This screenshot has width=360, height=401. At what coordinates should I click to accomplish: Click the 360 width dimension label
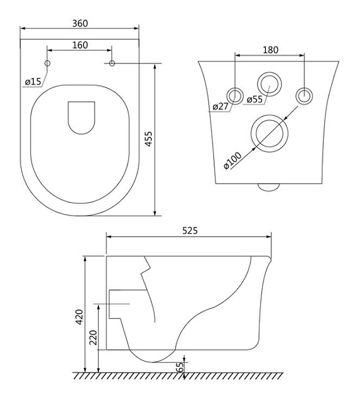(x=80, y=23)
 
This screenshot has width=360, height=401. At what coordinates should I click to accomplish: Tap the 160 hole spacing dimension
(x=80, y=45)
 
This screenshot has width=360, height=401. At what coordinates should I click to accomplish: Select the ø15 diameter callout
(x=33, y=82)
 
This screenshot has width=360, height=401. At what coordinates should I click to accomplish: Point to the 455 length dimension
(x=149, y=139)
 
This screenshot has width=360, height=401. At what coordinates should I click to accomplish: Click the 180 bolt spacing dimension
(x=270, y=50)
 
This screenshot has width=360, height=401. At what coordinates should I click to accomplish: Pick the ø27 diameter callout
(x=220, y=106)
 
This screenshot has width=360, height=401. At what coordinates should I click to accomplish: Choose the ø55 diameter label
(x=255, y=99)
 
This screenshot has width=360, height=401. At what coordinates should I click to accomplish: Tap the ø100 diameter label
(x=232, y=160)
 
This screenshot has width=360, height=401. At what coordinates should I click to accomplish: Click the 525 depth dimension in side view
(x=190, y=231)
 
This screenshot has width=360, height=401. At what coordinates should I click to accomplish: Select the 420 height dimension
(x=80, y=317)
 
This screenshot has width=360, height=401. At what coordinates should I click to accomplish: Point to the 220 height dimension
(x=93, y=338)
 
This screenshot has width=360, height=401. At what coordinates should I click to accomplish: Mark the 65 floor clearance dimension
(x=180, y=367)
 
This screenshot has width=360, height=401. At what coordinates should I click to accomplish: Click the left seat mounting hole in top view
(x=47, y=63)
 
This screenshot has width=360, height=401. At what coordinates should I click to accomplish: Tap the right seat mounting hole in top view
(x=112, y=63)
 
